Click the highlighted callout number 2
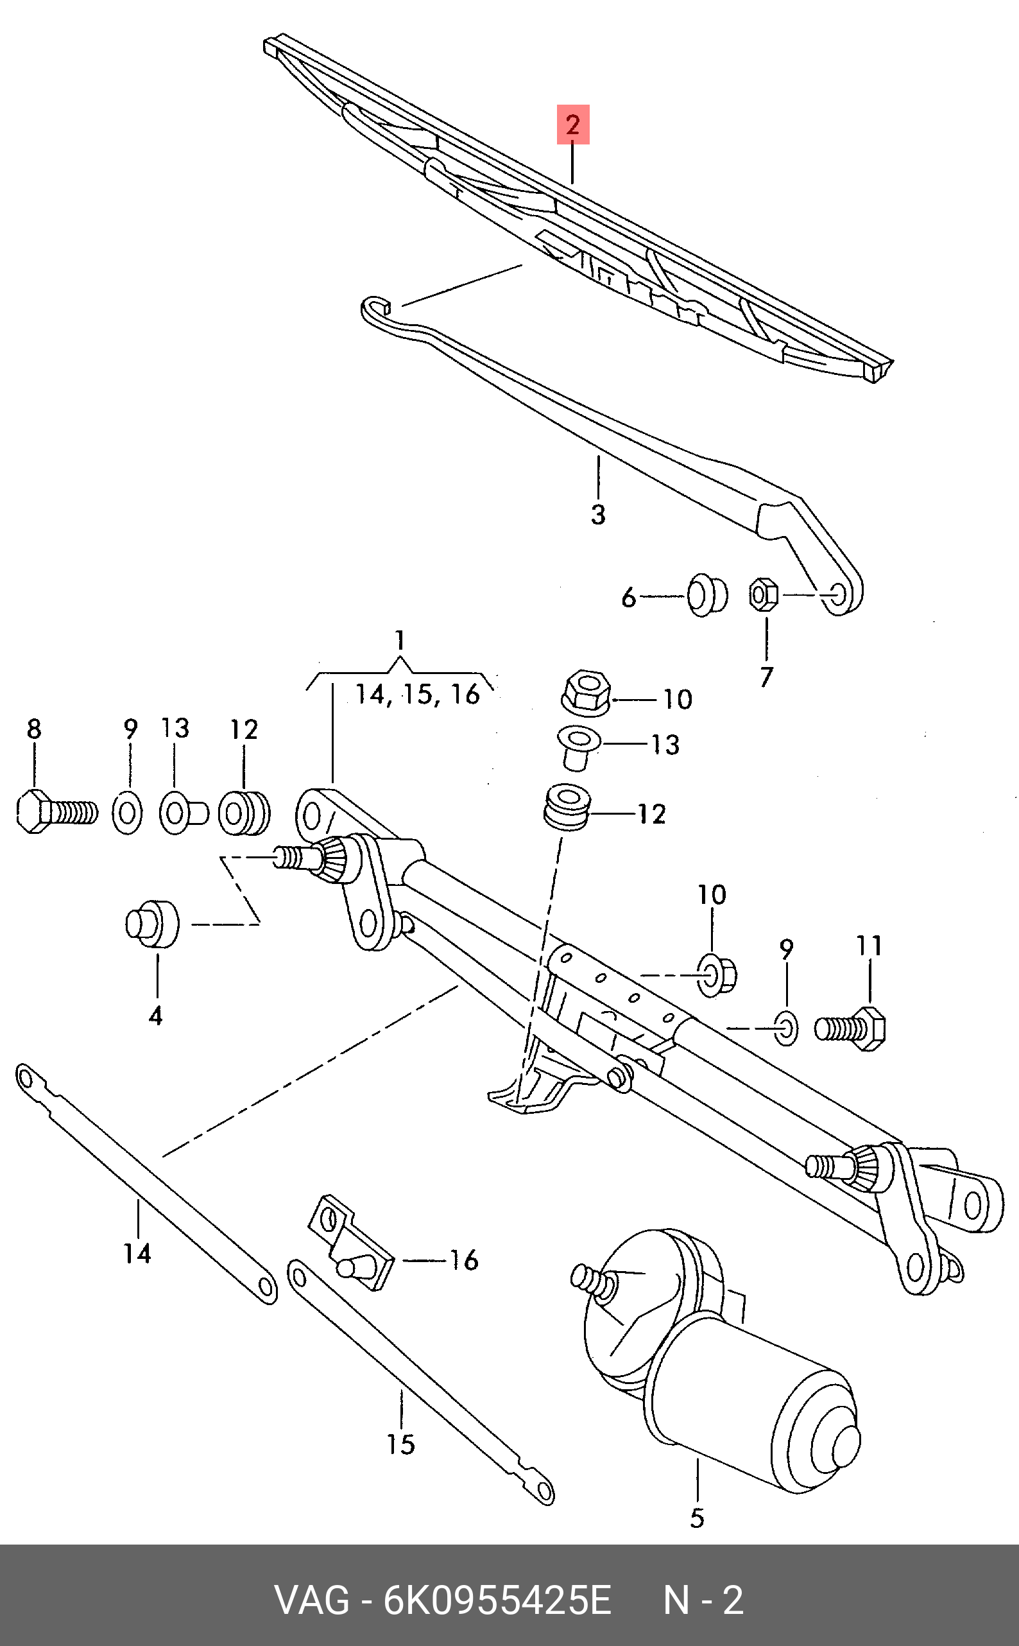(572, 125)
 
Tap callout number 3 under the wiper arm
(598, 515)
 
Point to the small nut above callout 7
(764, 594)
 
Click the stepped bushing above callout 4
(152, 923)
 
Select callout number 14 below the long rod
(137, 1253)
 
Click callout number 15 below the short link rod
(400, 1444)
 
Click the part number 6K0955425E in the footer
(497, 1600)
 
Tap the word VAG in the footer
(311, 1600)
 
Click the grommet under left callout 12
(243, 813)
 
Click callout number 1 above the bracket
(400, 639)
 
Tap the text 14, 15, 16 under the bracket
(418, 694)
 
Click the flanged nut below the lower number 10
(715, 975)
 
